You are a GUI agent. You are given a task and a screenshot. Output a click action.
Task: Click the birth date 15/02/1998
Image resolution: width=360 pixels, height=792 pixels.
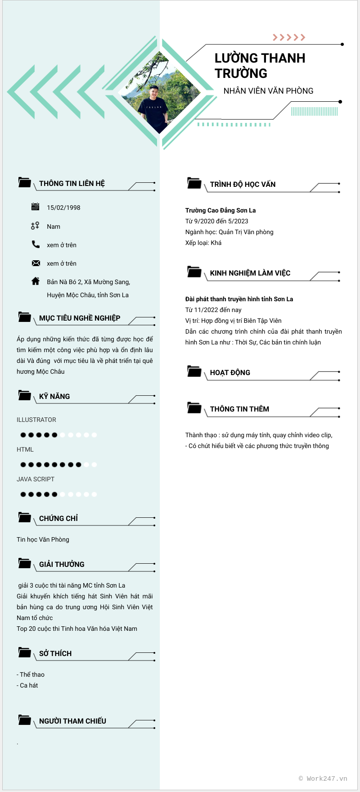pyautogui.click(x=63, y=208)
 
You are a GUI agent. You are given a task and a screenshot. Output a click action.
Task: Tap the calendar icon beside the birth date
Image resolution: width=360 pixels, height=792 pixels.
pyautogui.click(x=36, y=207)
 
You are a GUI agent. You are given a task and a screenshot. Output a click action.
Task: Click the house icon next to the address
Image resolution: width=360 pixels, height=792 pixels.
pyautogui.click(x=36, y=281)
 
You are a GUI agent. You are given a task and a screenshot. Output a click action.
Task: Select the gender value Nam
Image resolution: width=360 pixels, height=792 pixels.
pyautogui.click(x=54, y=226)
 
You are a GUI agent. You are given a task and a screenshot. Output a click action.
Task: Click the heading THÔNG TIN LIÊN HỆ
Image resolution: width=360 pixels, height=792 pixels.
pyautogui.click(x=72, y=184)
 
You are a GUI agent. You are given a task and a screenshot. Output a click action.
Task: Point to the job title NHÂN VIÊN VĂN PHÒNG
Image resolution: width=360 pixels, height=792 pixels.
pyautogui.click(x=268, y=91)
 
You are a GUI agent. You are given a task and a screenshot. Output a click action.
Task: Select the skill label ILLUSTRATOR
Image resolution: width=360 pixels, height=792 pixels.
pyautogui.click(x=36, y=420)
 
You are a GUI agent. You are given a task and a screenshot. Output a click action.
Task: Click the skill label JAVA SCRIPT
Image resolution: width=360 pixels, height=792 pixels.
pyautogui.click(x=36, y=479)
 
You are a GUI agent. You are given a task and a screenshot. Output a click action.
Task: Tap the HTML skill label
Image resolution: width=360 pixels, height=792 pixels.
pyautogui.click(x=25, y=449)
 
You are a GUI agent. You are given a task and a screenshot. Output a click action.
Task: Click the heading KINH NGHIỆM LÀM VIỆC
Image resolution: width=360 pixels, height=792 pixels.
pyautogui.click(x=250, y=273)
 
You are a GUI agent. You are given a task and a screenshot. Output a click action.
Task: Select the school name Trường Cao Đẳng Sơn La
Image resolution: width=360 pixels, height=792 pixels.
pyautogui.click(x=220, y=210)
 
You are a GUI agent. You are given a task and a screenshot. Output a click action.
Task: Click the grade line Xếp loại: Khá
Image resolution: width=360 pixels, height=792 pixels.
pyautogui.click(x=203, y=243)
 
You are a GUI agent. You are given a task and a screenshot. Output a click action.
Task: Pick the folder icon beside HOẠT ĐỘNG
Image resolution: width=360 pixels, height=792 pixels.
pyautogui.click(x=194, y=371)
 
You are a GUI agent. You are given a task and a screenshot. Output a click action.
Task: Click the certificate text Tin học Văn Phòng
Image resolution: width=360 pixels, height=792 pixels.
pyautogui.click(x=43, y=539)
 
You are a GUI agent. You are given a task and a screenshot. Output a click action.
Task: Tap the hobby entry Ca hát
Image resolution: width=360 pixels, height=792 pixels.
pyautogui.click(x=29, y=685)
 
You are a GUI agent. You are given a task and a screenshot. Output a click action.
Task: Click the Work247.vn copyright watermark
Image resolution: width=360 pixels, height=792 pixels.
pyautogui.click(x=323, y=778)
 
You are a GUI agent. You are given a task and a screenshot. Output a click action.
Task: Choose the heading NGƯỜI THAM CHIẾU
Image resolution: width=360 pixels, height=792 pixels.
pyautogui.click(x=72, y=721)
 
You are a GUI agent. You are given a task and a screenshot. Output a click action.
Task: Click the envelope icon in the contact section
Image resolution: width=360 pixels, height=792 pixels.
pyautogui.click(x=36, y=263)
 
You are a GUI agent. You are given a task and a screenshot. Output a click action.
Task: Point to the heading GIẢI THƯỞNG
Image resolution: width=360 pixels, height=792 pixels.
pyautogui.click(x=62, y=565)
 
